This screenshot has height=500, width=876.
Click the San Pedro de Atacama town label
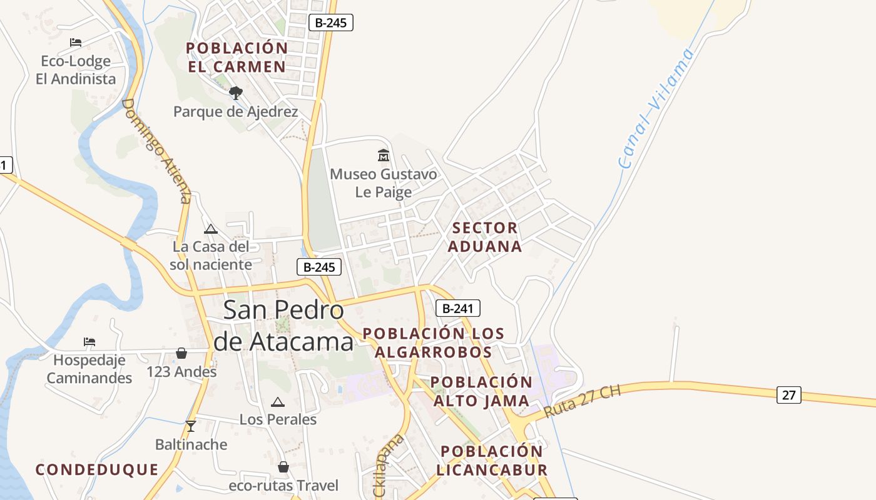[283, 326]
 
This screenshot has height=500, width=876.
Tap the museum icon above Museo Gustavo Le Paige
[384, 155]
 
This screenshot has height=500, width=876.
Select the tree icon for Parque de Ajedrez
[236, 93]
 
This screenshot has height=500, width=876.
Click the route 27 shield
[789, 395]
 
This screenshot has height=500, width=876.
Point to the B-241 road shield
[457, 308]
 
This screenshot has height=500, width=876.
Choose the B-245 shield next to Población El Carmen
[331, 22]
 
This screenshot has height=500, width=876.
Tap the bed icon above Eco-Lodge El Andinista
[76, 42]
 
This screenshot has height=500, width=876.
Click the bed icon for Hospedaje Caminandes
[89, 342]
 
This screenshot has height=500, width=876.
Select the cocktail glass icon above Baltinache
[191, 426]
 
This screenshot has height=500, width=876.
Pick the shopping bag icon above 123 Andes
[181, 353]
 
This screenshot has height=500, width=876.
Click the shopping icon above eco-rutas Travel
[283, 467]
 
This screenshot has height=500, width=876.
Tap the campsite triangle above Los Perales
[278, 401]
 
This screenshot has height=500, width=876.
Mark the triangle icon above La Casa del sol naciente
[211, 229]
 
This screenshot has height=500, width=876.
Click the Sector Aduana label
[485, 237]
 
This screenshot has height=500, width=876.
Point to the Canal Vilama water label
[656, 107]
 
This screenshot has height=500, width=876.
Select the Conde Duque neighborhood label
[97, 469]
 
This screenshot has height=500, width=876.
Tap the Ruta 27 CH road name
[583, 402]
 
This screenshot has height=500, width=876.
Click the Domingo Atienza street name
[156, 150]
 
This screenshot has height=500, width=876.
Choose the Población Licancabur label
[492, 461]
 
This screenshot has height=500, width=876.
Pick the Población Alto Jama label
[481, 391]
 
